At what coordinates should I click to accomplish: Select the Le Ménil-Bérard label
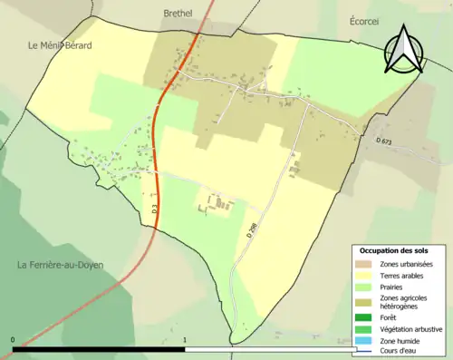coord(60,44)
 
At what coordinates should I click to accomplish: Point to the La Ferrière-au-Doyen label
coord(61,265)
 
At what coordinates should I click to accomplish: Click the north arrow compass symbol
coord(405,50)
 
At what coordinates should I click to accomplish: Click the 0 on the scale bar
coord(13,339)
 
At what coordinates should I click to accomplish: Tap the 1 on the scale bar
coord(185,339)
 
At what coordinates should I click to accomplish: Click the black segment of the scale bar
coord(100,348)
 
